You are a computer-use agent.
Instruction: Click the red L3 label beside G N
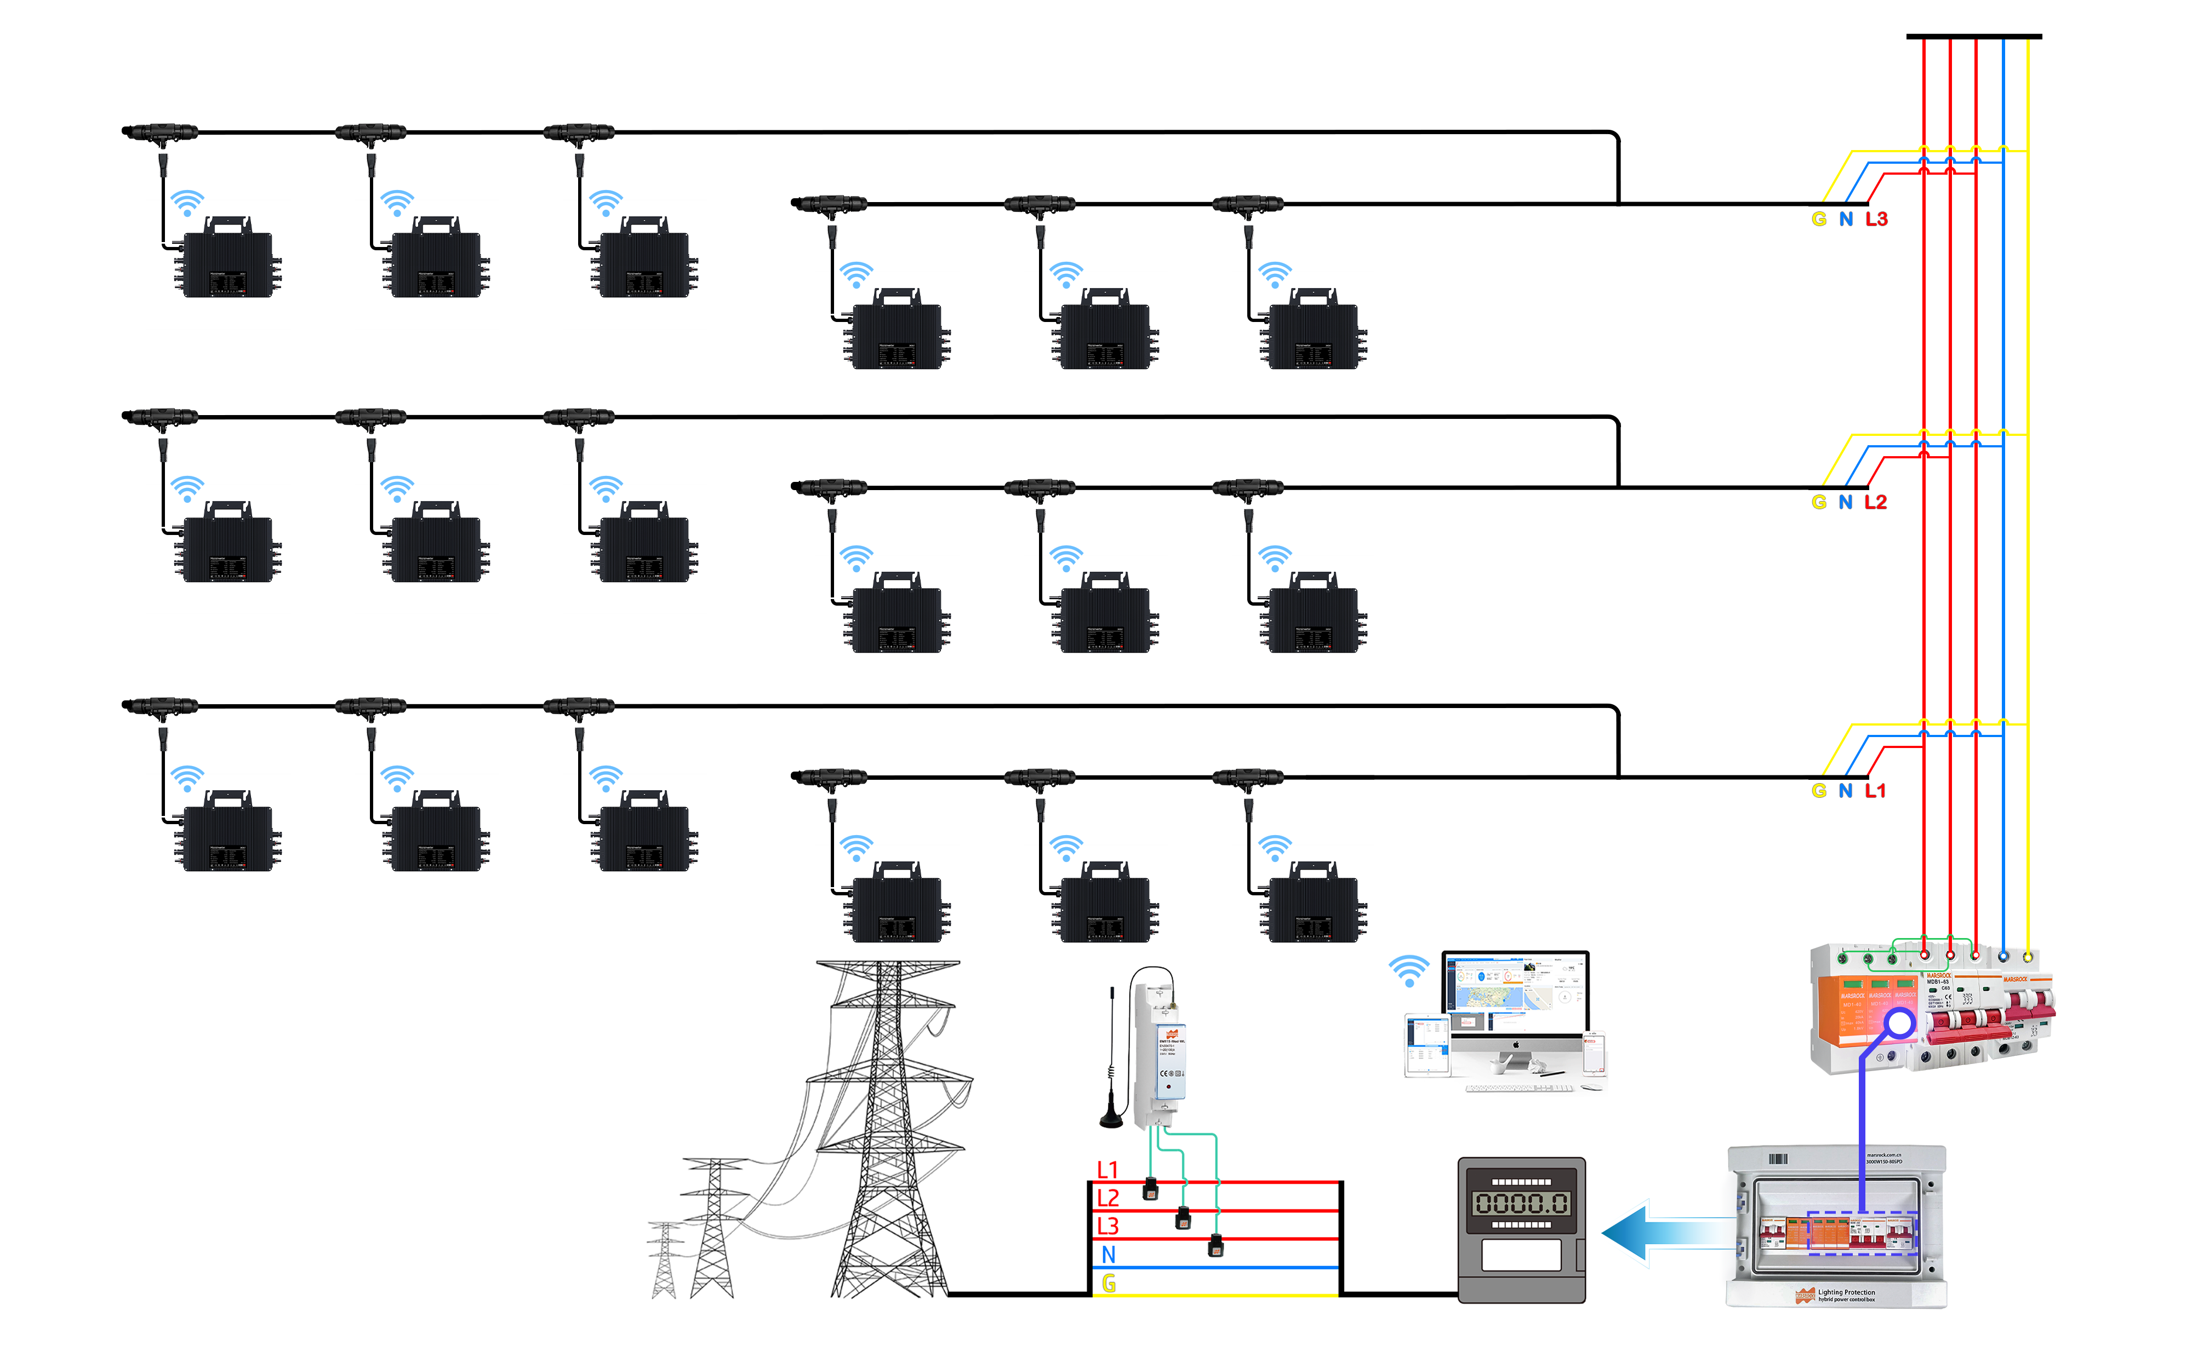point(1876,219)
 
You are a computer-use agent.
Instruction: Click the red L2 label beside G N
point(1875,503)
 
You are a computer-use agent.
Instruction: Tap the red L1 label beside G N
point(1874,791)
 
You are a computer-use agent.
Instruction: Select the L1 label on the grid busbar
point(1108,1170)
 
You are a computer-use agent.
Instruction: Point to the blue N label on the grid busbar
point(1108,1255)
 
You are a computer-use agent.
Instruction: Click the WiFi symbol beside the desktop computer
point(1408,970)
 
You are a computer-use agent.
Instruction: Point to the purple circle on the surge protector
point(1899,1024)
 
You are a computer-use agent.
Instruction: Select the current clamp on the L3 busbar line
point(1215,1247)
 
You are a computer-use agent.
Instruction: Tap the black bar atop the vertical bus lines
point(1974,36)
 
